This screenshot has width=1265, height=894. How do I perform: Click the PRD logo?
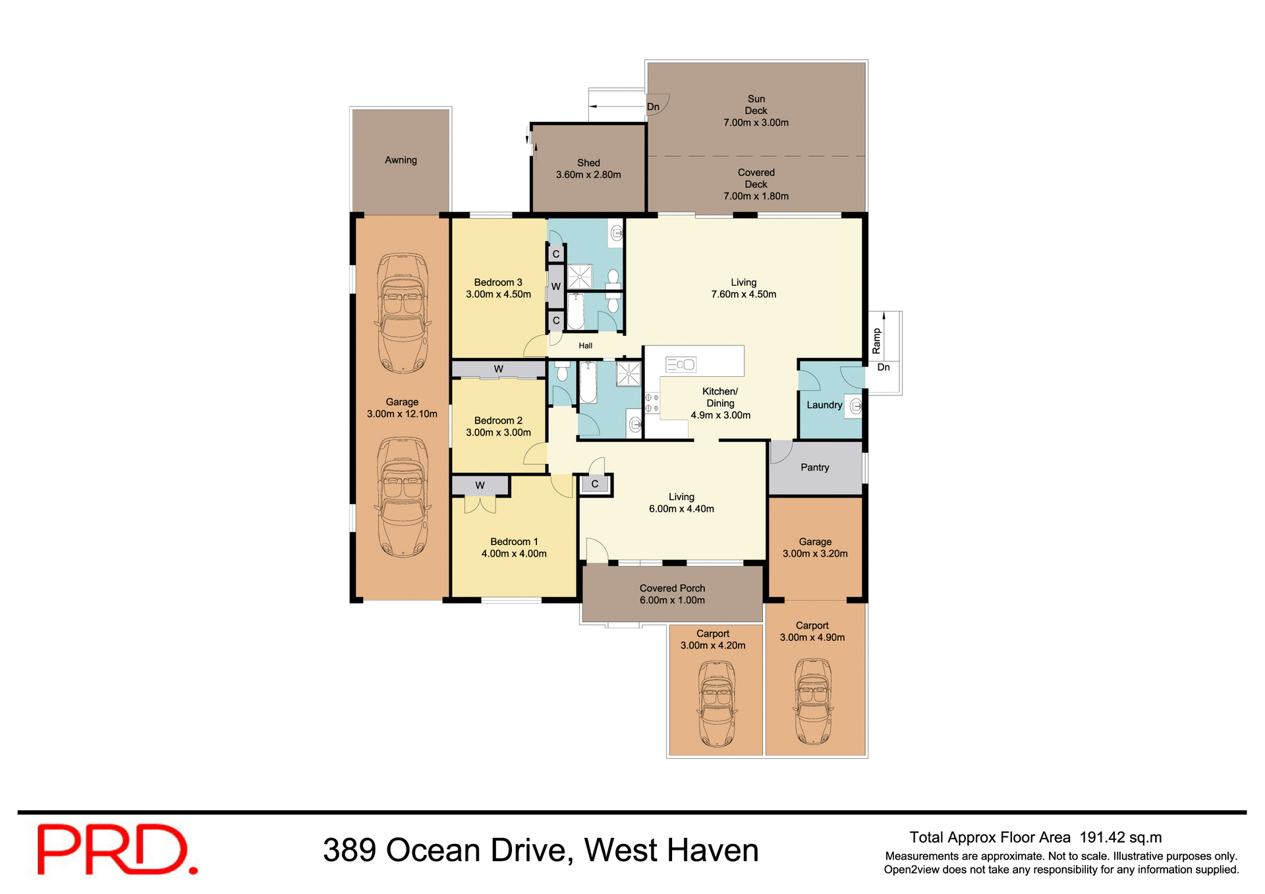tap(117, 850)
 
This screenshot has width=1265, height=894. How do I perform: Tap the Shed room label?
tap(588, 163)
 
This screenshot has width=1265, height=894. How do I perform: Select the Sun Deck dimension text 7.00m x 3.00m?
tap(756, 123)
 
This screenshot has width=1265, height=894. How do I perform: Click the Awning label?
tap(401, 160)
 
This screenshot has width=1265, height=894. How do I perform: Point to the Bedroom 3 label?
tap(498, 282)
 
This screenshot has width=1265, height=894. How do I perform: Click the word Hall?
tap(585, 345)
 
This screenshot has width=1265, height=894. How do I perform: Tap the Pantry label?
tap(814, 467)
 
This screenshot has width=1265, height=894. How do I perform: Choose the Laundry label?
tap(824, 405)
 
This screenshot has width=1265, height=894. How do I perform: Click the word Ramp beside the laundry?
tap(876, 341)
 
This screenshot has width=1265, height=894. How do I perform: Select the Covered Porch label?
tap(672, 588)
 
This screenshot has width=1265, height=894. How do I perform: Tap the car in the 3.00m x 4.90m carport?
tap(813, 701)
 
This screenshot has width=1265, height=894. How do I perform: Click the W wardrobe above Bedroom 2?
tap(498, 369)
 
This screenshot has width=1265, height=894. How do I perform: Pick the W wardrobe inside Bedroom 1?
tap(480, 486)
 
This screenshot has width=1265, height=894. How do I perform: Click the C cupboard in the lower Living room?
tap(595, 484)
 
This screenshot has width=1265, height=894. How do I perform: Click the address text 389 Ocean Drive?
tap(445, 851)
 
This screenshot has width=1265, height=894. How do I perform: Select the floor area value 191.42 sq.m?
tap(1120, 837)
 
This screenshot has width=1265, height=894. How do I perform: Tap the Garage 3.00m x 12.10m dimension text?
tap(402, 414)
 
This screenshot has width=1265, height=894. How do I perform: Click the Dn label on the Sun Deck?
tap(653, 107)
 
